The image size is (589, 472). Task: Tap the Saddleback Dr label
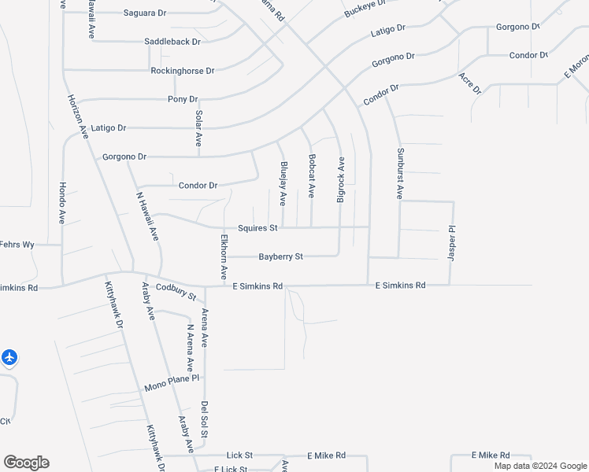click(172, 41)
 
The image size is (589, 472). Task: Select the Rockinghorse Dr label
click(183, 71)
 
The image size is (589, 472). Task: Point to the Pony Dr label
click(183, 99)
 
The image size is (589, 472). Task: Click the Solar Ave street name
click(199, 128)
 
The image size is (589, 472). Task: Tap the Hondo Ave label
click(62, 203)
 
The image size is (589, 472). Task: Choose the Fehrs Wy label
click(17, 245)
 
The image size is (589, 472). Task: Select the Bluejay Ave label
click(283, 184)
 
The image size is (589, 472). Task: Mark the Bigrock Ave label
click(341, 180)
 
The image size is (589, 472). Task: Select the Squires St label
click(257, 228)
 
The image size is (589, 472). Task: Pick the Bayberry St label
click(281, 257)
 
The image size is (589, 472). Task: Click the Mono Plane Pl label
click(172, 388)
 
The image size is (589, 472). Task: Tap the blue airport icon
click(9, 358)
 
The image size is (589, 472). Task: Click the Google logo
click(26, 463)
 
